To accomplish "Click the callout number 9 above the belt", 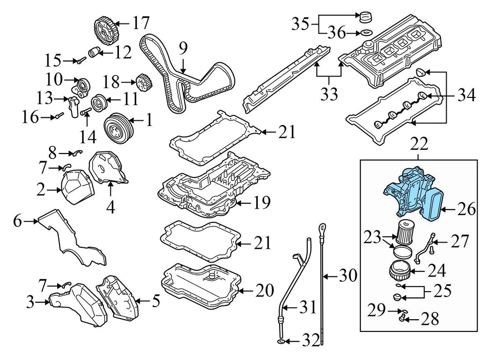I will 183,48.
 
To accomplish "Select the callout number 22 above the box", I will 419,146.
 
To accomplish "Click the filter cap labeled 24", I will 400,269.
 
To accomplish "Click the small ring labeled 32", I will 281,341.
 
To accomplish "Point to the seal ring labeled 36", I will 365,34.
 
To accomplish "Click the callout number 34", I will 467,95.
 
